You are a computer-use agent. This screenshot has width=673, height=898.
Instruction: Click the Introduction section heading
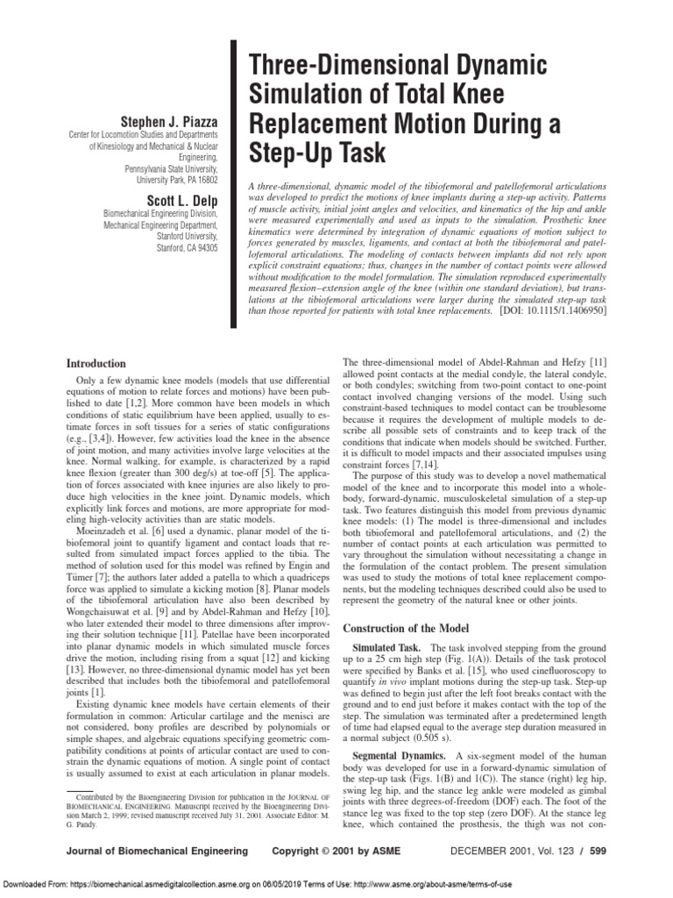[96, 363]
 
